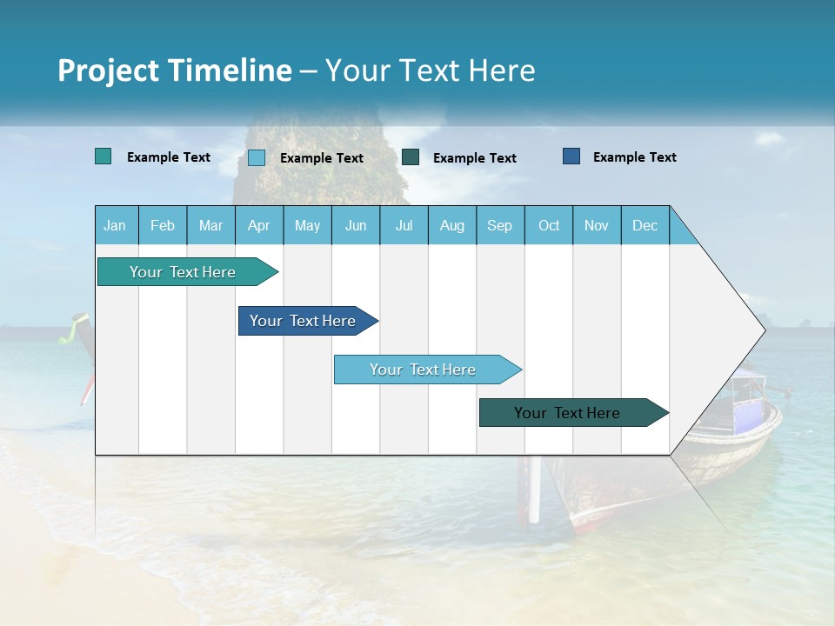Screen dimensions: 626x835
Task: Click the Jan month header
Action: click(115, 226)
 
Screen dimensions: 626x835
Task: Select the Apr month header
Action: click(258, 226)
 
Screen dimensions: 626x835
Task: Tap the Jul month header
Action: click(404, 226)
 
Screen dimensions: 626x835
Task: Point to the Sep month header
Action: click(499, 226)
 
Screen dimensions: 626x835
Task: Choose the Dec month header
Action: click(645, 226)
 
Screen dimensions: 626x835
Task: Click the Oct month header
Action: click(549, 226)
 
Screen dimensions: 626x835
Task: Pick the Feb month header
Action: click(163, 226)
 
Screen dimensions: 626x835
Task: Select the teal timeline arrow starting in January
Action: click(184, 272)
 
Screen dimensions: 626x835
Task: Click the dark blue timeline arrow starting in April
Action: click(304, 321)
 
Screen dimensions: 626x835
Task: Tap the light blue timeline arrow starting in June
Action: click(424, 370)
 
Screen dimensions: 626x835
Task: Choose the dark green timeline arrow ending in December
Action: click(568, 413)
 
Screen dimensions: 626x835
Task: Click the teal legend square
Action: click(103, 156)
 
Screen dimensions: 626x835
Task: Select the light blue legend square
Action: click(257, 157)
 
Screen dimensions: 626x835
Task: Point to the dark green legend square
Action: click(411, 156)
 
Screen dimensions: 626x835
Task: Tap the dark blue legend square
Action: click(571, 156)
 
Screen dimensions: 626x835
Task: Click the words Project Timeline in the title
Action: click(174, 70)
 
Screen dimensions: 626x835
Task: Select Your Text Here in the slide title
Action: click(430, 70)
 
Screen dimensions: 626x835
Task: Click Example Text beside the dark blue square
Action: click(634, 157)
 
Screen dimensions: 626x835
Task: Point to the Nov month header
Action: click(597, 226)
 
